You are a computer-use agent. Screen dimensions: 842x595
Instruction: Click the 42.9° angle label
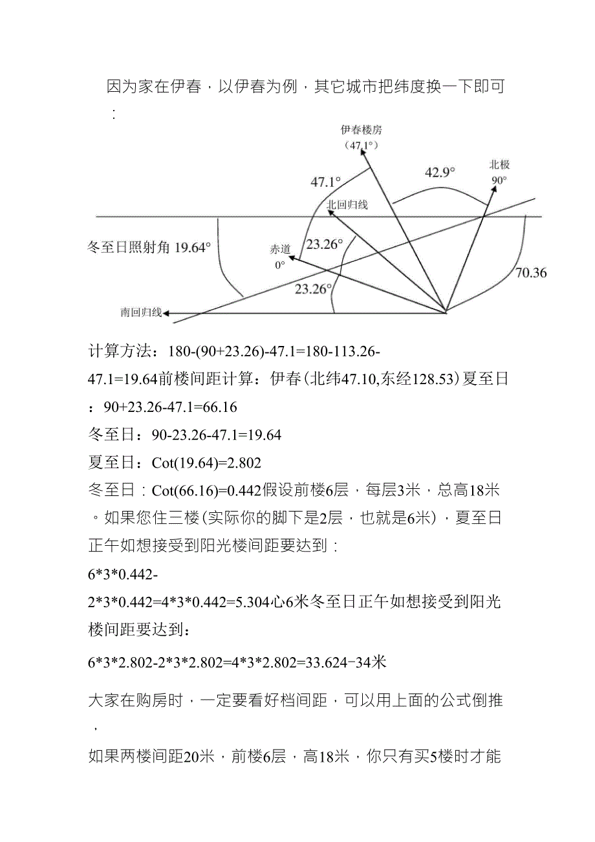pos(439,172)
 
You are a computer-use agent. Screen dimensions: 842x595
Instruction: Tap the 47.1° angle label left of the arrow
pos(325,182)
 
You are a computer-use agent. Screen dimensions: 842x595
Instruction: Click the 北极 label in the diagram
pos(499,165)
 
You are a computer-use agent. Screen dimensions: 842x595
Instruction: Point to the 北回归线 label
pos(347,205)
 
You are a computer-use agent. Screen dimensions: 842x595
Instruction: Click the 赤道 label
pos(281,250)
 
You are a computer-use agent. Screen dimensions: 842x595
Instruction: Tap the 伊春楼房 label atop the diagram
pos(362,129)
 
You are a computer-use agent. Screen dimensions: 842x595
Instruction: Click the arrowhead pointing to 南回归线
pos(168,314)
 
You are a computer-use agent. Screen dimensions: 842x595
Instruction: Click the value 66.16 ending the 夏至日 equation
pos(221,407)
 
